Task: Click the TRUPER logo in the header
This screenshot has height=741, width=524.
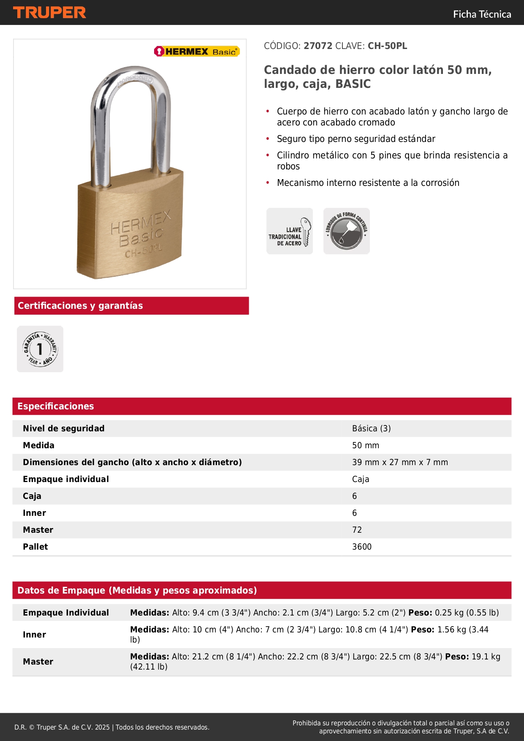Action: [x=49, y=13]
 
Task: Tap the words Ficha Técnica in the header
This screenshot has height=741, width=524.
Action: [x=482, y=14]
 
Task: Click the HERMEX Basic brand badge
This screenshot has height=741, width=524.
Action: [x=197, y=52]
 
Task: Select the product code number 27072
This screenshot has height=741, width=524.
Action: [x=318, y=46]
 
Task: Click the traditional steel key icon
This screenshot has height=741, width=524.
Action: [x=290, y=231]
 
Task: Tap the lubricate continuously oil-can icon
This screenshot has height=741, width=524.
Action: [x=347, y=231]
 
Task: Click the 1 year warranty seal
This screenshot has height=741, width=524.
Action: [x=40, y=349]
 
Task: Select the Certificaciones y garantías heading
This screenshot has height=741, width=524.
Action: [x=80, y=306]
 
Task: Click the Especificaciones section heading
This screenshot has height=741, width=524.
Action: [x=56, y=406]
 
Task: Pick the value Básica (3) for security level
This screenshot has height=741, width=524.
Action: [x=372, y=428]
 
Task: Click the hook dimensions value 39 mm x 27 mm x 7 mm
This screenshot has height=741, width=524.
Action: [x=400, y=462]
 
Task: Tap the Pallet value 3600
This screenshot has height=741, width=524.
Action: [x=362, y=547]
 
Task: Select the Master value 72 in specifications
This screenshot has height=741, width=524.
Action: [x=357, y=530]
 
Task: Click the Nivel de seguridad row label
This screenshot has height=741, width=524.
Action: [x=64, y=428]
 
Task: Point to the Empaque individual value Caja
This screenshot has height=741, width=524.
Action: [x=361, y=479]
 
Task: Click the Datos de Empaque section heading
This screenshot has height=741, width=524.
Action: [x=137, y=591]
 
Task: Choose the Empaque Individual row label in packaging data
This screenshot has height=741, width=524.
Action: [x=66, y=613]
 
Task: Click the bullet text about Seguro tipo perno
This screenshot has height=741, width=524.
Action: [x=356, y=139]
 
